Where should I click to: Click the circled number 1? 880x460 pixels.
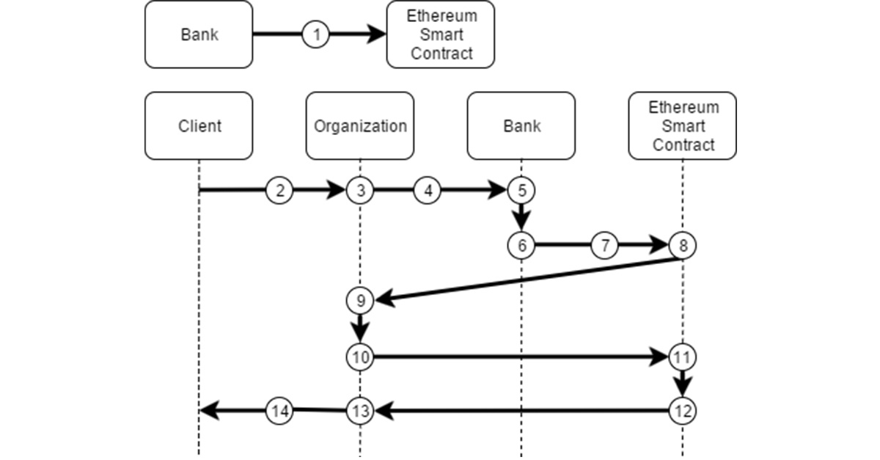click(316, 34)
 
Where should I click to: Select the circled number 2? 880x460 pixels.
click(279, 191)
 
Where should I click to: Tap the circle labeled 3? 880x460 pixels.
click(360, 191)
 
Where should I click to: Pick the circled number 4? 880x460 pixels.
click(428, 191)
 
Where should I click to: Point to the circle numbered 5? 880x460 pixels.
click(521, 191)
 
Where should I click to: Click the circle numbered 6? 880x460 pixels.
click(521, 246)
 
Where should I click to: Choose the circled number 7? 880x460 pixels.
click(604, 246)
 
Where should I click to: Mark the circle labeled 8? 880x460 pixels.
click(683, 246)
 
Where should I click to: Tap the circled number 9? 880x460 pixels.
click(360, 299)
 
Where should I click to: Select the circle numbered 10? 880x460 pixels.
click(360, 357)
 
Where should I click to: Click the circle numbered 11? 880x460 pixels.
click(683, 357)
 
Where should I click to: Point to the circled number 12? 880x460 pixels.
click(683, 411)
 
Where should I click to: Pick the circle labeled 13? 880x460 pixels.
click(360, 411)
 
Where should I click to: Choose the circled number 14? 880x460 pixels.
click(279, 411)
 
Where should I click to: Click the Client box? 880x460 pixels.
click(199, 125)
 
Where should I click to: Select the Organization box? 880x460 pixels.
click(360, 125)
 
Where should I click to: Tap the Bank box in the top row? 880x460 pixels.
click(199, 34)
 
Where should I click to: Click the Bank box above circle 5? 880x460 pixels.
click(521, 125)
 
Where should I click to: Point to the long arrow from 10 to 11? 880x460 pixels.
click(521, 357)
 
